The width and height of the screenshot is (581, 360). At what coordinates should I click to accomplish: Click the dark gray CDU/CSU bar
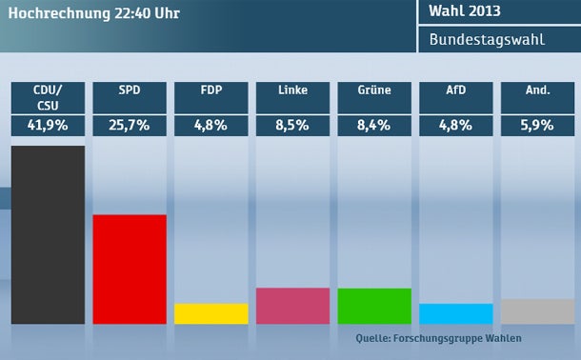[48, 234]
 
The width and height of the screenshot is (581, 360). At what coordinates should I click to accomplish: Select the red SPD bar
[130, 269]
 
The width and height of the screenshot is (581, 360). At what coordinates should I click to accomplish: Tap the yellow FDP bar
[211, 313]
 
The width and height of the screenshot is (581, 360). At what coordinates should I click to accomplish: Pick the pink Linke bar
[292, 306]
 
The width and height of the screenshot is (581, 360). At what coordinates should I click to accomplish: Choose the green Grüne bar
[374, 306]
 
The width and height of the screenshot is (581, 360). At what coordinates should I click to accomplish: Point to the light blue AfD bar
[456, 313]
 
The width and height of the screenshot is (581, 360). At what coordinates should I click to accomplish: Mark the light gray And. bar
[537, 311]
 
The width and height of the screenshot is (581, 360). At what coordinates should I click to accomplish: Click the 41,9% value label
[48, 126]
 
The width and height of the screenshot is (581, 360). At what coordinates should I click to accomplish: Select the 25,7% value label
[130, 126]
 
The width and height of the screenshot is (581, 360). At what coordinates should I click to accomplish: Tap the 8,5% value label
[292, 126]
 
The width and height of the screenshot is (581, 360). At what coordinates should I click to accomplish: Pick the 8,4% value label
[374, 126]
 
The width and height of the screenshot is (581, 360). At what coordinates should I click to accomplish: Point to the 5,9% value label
[537, 126]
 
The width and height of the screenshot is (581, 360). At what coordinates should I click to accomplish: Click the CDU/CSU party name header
[48, 98]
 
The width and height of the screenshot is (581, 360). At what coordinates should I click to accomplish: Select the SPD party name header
[130, 91]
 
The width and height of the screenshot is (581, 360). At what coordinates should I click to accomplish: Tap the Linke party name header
[292, 91]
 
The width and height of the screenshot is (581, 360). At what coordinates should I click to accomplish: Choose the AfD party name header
[456, 91]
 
